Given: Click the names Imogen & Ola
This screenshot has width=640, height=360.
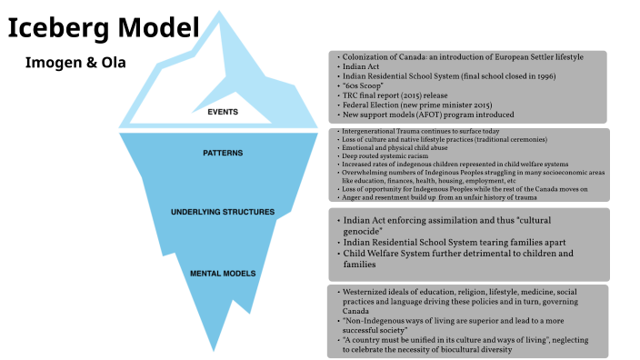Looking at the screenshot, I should tap(75, 64).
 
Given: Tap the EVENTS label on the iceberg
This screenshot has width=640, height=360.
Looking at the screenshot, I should tap(223, 113).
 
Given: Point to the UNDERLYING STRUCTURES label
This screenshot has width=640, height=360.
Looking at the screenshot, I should tap(223, 212).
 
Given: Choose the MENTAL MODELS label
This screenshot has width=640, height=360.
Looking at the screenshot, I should tap(223, 272).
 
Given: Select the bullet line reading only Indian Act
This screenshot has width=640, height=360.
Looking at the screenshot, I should tap(361, 66).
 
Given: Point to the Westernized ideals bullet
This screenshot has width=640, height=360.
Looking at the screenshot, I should tap(464, 291).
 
